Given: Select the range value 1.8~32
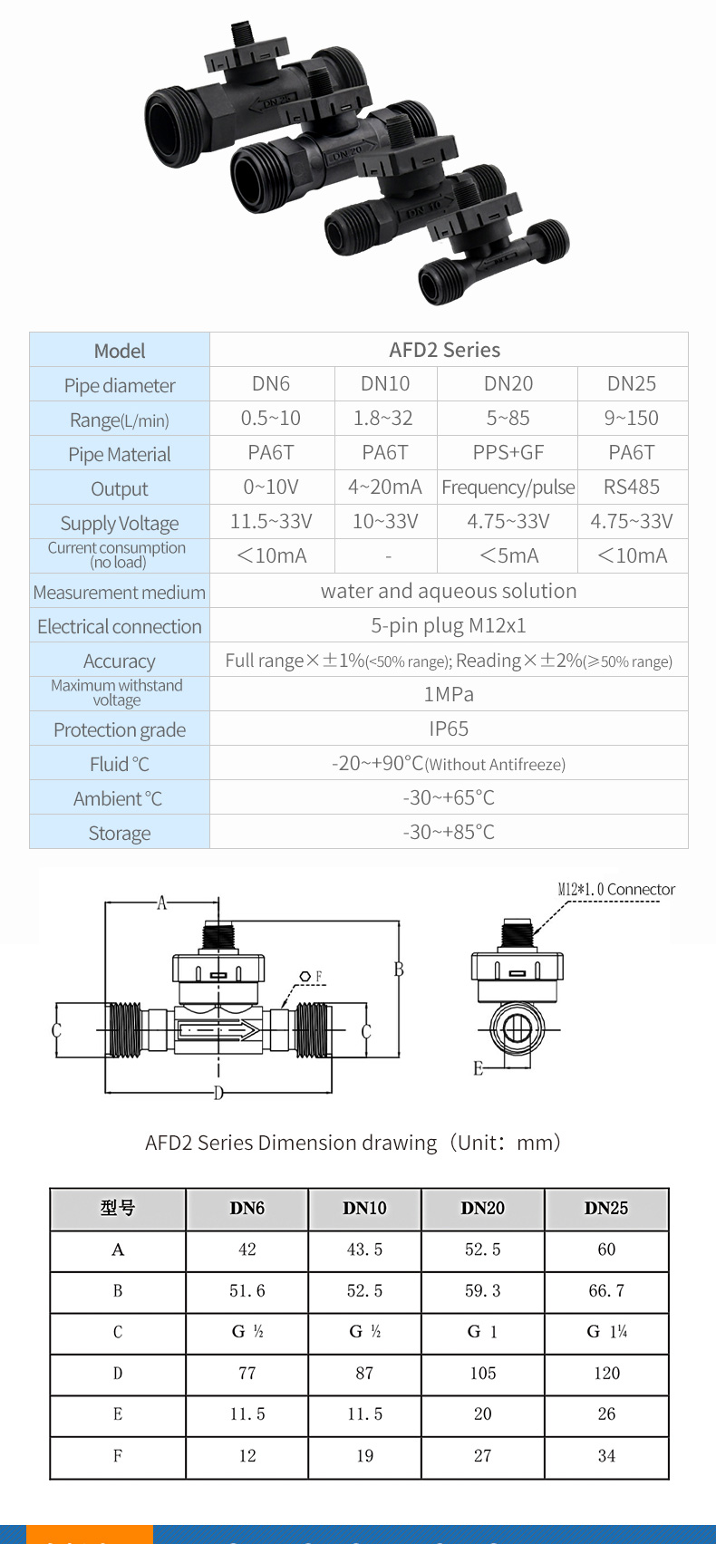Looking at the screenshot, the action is tap(382, 418).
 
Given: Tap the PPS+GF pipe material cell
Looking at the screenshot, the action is tap(508, 452).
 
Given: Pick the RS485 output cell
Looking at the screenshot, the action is tap(631, 487).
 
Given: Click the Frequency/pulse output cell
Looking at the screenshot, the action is tap(508, 487).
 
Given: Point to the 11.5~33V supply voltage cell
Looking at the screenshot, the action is tap(271, 521).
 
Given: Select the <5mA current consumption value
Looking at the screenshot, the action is tap(508, 555).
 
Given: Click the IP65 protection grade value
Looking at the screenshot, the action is tap(449, 729).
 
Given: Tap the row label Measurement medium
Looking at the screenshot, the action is tap(120, 592).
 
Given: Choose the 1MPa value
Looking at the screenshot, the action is tap(449, 694).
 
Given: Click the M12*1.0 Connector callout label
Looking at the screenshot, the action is tap(616, 889).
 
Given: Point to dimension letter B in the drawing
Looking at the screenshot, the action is tap(399, 970).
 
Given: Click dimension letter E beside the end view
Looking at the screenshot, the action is tap(478, 1068).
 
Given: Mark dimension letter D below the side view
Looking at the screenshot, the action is tap(218, 1093).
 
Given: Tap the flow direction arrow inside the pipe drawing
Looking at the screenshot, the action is tap(219, 1031).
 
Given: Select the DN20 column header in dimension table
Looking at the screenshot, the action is tap(482, 1209).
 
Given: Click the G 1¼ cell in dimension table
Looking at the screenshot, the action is tap(606, 1332).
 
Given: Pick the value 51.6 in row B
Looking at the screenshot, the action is tap(247, 1290).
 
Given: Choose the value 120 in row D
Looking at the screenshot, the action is tap(606, 1373).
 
